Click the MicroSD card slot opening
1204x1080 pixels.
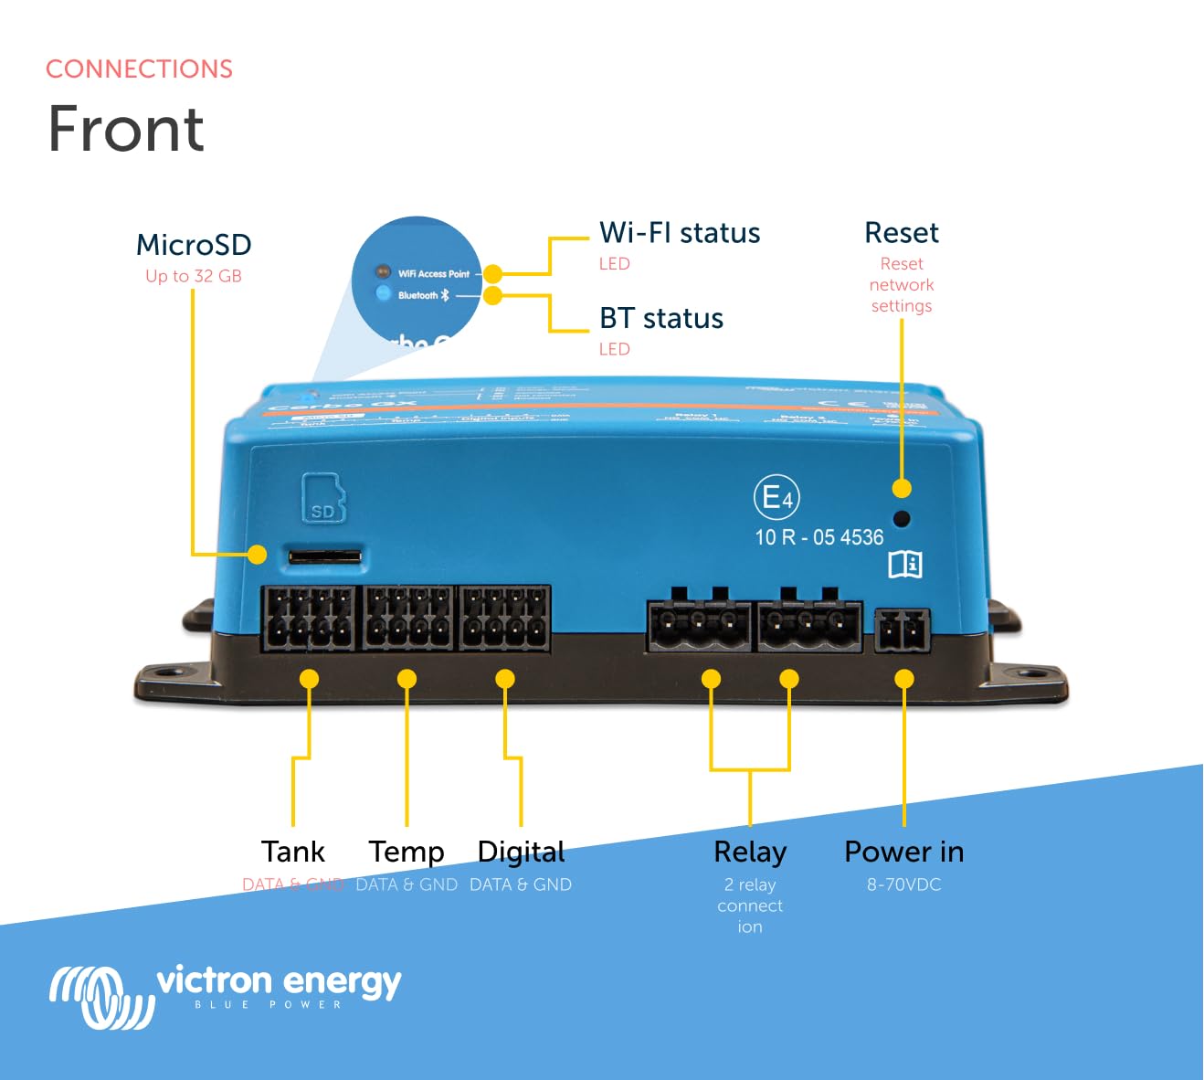(x=324, y=556)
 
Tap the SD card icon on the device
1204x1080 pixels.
(x=323, y=498)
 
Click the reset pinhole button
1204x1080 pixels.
(x=901, y=519)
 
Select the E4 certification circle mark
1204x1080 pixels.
(x=776, y=498)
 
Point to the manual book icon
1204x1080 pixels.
(x=905, y=564)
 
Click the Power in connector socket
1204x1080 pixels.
(x=903, y=630)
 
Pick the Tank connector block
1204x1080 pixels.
(x=309, y=619)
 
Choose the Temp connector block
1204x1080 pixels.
(x=408, y=619)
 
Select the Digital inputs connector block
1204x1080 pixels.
(x=504, y=619)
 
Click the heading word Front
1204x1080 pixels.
(x=126, y=129)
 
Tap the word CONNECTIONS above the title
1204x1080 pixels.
(x=139, y=69)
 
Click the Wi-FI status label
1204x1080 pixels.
(x=680, y=233)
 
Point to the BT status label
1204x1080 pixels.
(x=661, y=318)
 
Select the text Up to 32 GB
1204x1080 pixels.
(x=194, y=276)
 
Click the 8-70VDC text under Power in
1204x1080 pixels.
(x=903, y=884)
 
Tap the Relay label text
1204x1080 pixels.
(x=750, y=852)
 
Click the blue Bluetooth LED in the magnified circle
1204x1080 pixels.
(x=383, y=294)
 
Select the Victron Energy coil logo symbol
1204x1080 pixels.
(x=101, y=997)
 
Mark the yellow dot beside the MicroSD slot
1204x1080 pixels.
(x=258, y=555)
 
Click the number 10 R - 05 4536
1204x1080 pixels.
(x=819, y=537)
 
